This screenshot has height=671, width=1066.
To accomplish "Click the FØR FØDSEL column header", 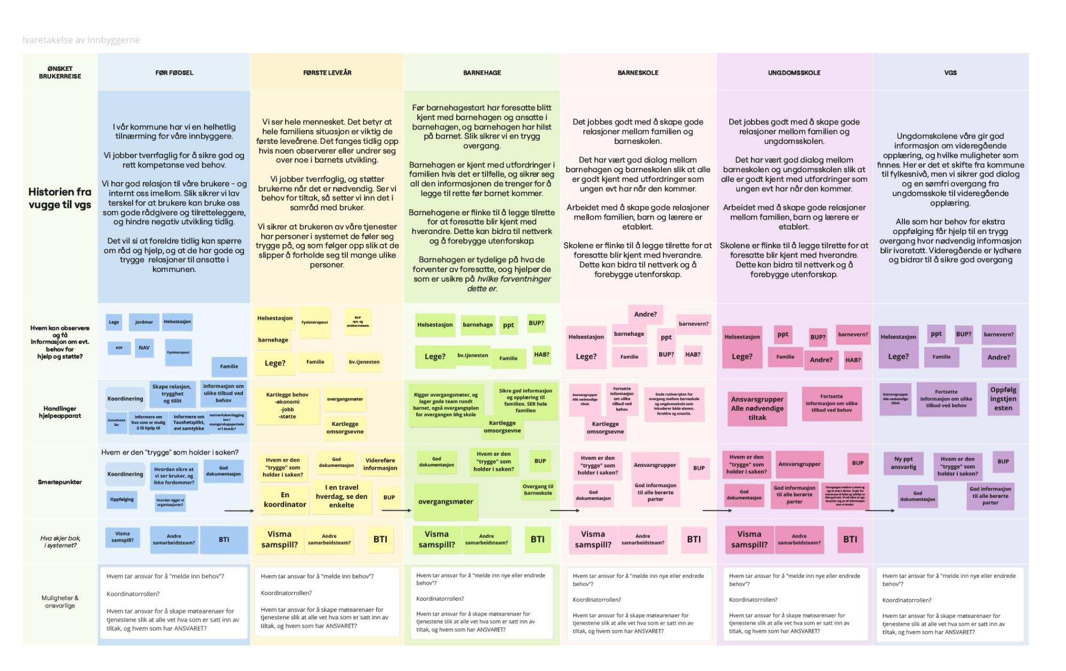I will click(x=174, y=72).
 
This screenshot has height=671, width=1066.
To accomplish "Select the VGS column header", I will click(x=950, y=72).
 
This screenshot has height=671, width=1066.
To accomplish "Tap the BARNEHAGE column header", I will click(x=482, y=72).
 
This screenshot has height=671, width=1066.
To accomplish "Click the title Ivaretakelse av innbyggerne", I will click(x=81, y=40).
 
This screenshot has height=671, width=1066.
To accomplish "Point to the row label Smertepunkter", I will click(x=60, y=482).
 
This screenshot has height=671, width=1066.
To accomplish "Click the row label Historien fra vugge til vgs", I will click(x=60, y=198).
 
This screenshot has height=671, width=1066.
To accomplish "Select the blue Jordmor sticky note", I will click(x=144, y=322).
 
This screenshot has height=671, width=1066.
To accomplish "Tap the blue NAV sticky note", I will click(x=144, y=348).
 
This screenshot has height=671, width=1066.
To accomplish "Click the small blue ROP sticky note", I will click(x=119, y=348).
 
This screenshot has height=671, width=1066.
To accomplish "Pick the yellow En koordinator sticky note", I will click(x=285, y=500).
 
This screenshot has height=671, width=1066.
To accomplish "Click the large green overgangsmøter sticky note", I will click(x=446, y=502).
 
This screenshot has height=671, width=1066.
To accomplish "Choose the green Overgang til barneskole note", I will click(x=538, y=490).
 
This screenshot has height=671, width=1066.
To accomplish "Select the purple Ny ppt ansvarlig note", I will click(x=903, y=463).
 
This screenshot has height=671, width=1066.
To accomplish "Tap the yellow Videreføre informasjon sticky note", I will click(x=380, y=464).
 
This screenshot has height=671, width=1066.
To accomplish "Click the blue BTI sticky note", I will click(x=224, y=539).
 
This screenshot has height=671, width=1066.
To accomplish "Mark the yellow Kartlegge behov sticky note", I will click(x=287, y=406).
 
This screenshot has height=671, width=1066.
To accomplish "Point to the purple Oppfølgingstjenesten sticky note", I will click(x=1003, y=399).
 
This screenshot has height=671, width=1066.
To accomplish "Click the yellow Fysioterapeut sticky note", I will click(x=314, y=322).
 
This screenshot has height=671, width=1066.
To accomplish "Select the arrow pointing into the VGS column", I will click(x=880, y=511).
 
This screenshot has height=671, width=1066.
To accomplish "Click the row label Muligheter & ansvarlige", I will click(x=60, y=602).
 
